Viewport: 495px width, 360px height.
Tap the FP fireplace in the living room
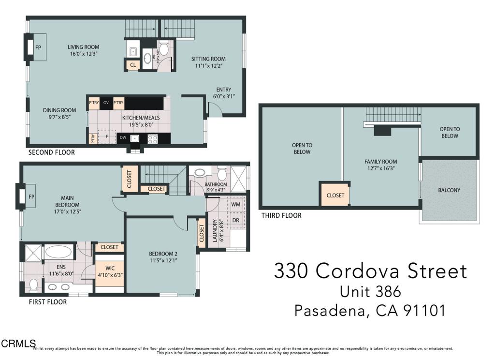tap(38, 48)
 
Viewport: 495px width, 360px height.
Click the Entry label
tap(223, 90)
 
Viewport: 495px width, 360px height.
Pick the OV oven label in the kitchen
tap(106, 103)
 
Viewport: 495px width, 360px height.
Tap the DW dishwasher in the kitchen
tap(123, 138)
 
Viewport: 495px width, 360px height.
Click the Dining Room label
tap(59, 110)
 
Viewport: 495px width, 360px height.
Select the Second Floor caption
tap(51, 152)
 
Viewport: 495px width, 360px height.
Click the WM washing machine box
tap(236, 205)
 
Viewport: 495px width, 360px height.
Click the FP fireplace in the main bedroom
tap(31, 197)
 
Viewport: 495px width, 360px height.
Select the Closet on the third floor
tap(335, 195)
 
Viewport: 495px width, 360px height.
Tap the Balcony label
tap(449, 190)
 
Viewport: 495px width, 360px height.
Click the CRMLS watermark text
tap(18, 344)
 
